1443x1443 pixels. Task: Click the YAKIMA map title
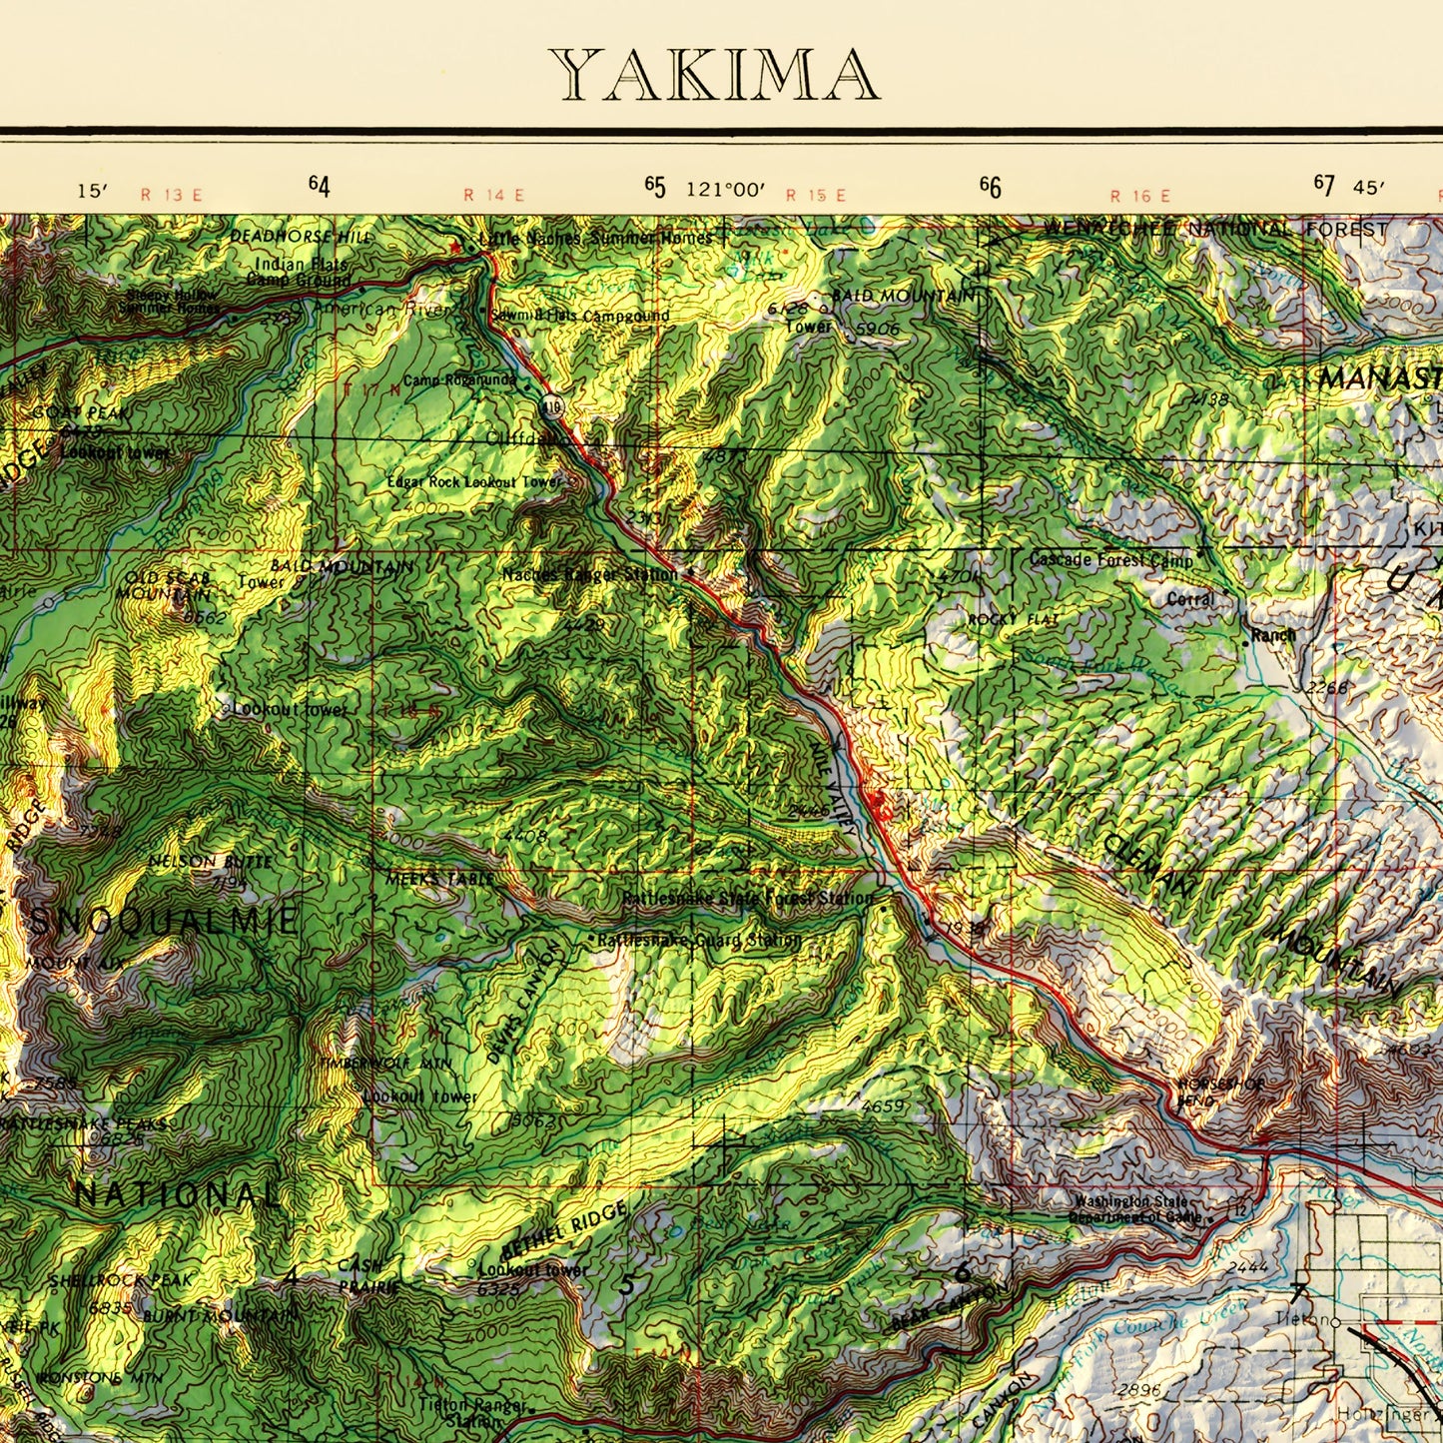pos(714,75)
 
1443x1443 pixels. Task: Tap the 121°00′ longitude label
pos(725,189)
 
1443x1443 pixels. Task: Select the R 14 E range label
pos(493,195)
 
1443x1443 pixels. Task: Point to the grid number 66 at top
pos(990,187)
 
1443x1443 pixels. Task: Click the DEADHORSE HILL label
pos(300,237)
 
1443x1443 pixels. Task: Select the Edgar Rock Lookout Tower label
pos(474,482)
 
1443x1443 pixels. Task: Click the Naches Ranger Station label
pos(590,575)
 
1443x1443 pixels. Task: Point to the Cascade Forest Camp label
pos(1110,560)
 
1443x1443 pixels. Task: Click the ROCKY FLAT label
pos(1014,620)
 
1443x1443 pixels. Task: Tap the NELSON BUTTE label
pos(210,861)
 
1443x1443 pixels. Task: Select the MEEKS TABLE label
pos(439,879)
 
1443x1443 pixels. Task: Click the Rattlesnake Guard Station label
pos(699,940)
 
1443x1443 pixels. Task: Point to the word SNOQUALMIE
pos(164,921)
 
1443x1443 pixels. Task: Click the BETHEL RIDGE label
pos(563,1230)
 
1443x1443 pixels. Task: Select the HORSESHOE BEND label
pos(1220,1091)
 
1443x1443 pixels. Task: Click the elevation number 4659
pos(883,1106)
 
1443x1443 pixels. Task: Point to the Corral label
pos(1190,600)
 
